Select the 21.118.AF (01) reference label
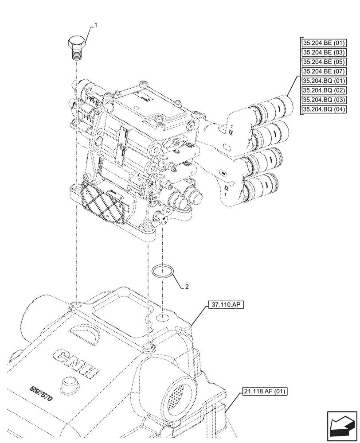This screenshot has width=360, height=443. tap(265, 391)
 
